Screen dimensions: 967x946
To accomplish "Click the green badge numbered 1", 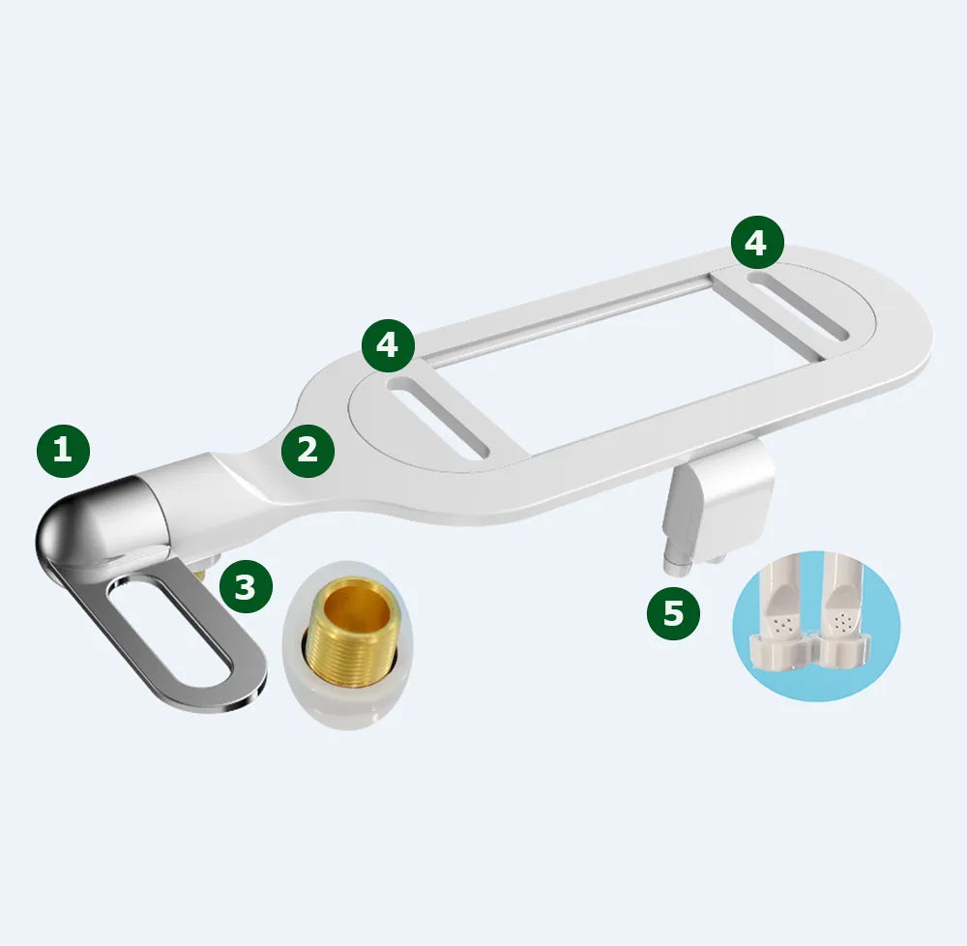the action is [63, 451].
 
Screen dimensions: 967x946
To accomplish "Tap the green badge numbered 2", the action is [308, 451].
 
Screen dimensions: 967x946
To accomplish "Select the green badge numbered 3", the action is [246, 586].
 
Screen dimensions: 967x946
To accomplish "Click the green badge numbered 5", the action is [673, 613].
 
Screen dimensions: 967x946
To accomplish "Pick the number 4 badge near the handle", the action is [388, 345].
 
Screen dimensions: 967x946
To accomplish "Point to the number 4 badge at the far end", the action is [757, 243].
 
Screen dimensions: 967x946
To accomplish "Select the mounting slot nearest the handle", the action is [438, 418].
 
